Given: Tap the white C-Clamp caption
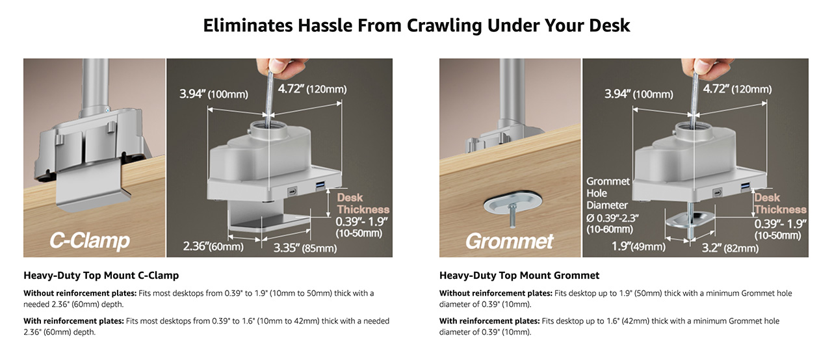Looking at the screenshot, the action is (90, 240).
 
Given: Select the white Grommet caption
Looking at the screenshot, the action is (510, 241).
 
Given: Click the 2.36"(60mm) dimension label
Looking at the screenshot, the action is (213, 246).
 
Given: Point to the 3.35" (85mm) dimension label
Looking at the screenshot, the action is (305, 248).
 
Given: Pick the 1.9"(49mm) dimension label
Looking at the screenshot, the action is (638, 246).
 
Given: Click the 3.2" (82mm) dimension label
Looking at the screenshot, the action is (730, 248).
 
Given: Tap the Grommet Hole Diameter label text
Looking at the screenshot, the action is (608, 193).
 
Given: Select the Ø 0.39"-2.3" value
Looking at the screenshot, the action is (612, 218).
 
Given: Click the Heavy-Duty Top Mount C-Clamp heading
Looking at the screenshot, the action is (101, 276).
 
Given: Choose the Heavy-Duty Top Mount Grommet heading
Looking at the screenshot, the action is (519, 276).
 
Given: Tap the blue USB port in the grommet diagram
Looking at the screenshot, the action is (745, 186).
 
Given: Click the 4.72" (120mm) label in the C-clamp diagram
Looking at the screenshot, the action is (312, 89).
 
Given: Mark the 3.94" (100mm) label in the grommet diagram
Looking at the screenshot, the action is (638, 94).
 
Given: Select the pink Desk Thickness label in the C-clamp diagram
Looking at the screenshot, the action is (363, 203).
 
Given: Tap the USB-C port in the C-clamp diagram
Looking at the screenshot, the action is (292, 192).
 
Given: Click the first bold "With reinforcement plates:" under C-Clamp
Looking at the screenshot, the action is (73, 321).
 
